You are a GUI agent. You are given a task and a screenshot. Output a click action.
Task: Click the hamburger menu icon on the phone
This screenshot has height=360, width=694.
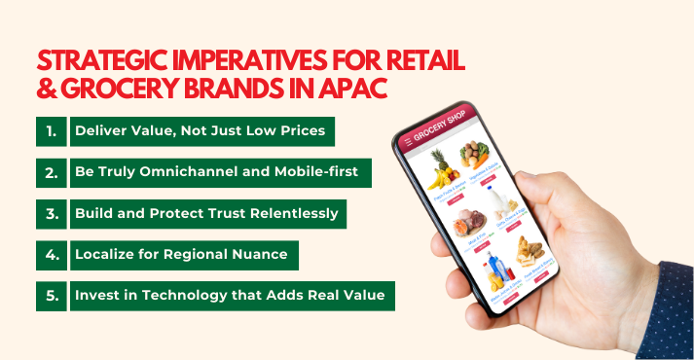409,143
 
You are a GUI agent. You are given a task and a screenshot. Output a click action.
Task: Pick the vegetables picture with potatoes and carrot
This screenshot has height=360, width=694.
476,156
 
